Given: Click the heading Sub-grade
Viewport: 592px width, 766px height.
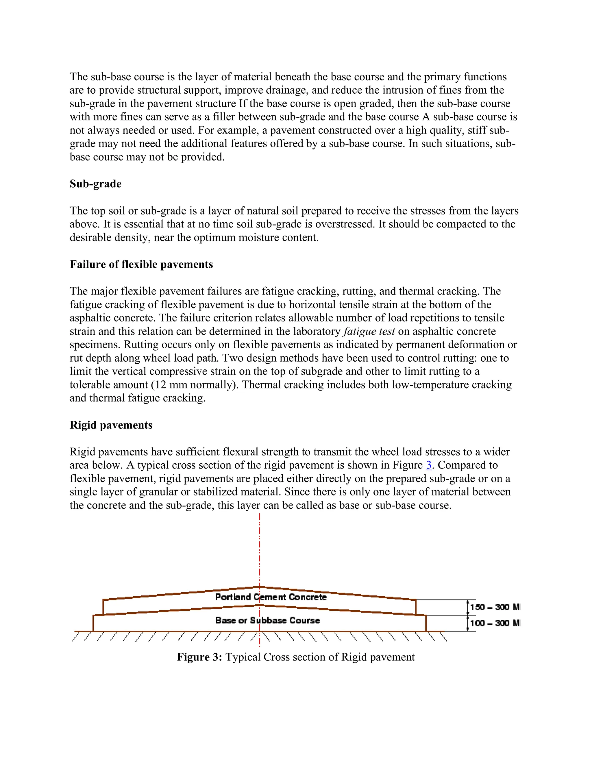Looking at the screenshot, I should [95, 184].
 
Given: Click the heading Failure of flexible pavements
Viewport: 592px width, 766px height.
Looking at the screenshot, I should [141, 264].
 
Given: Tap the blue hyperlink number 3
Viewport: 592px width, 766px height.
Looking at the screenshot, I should [429, 465].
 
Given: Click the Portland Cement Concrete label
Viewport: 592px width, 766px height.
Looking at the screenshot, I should [271, 597].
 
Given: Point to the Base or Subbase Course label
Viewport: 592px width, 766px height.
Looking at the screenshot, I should [267, 620].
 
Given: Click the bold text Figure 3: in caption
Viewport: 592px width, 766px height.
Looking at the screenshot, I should [199, 657].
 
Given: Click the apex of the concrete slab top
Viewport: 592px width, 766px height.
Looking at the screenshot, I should [260, 587].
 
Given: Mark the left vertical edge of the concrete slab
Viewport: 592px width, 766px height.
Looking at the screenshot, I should [103, 607].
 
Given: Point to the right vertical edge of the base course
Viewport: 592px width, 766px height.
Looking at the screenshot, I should [426, 623].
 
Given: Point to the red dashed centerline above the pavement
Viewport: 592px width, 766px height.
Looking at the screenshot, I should [260, 547].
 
